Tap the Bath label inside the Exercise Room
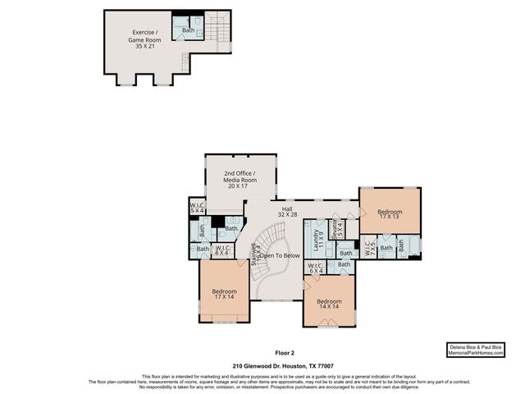tap(189, 30)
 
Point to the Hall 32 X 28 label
tap(288, 213)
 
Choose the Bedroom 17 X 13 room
tap(390, 215)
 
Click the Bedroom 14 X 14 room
tap(329, 305)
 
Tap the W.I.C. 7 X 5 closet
tap(369, 247)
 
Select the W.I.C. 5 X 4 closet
tap(197, 208)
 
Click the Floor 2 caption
tap(262, 354)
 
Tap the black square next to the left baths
tap(217, 220)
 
